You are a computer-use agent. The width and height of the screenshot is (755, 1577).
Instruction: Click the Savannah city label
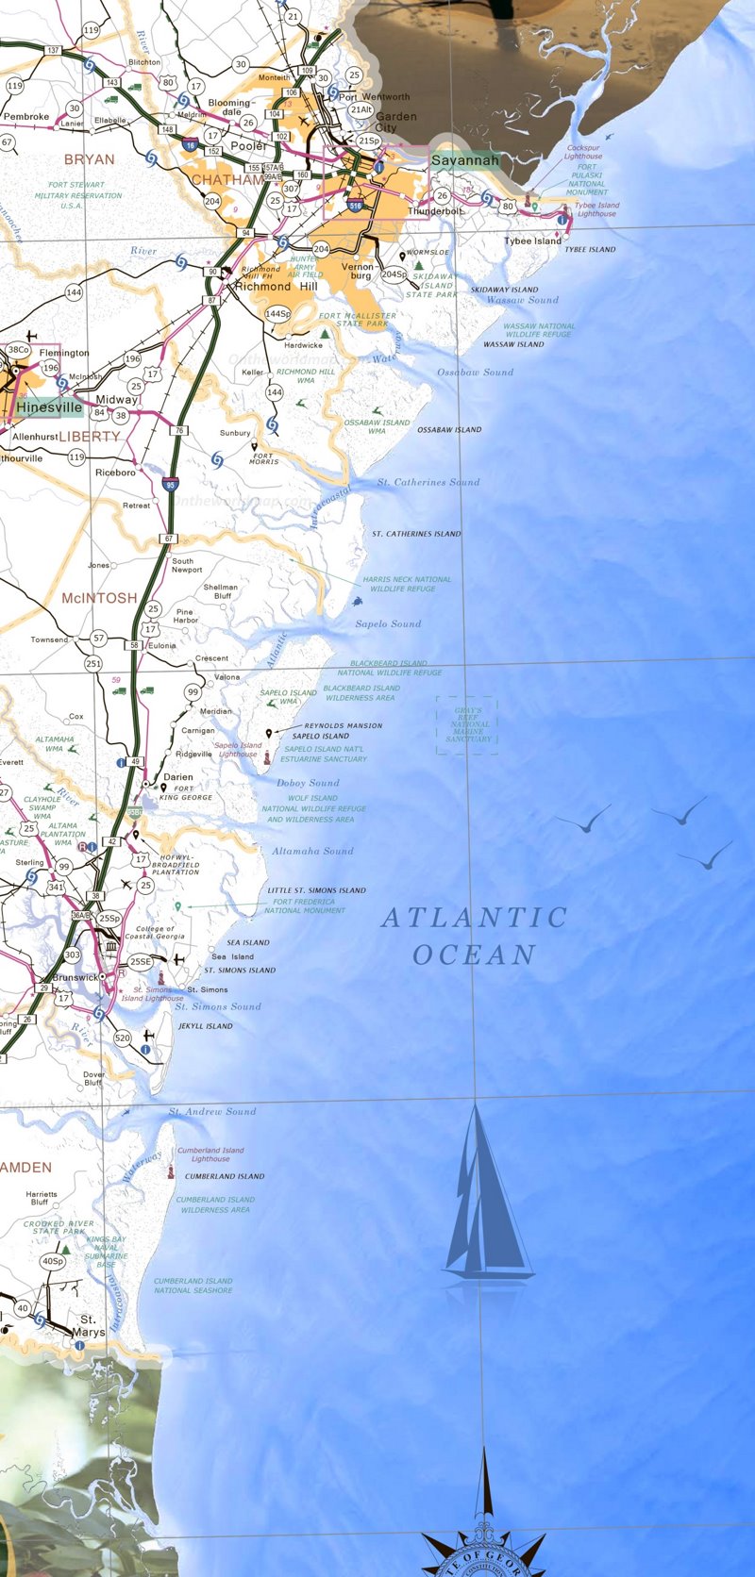(464, 161)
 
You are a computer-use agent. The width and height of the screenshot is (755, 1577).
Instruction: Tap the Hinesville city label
(48, 407)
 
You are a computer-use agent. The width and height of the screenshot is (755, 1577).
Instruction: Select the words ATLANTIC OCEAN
(474, 936)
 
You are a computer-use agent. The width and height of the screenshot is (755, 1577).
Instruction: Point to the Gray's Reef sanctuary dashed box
(467, 725)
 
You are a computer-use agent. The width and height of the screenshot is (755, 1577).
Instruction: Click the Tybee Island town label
(531, 241)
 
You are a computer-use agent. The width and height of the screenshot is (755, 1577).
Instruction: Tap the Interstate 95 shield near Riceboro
(170, 484)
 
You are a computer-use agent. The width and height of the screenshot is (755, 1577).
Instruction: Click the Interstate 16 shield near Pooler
(192, 145)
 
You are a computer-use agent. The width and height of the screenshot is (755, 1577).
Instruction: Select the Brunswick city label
(75, 978)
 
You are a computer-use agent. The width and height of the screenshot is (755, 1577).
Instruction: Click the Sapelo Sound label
(388, 624)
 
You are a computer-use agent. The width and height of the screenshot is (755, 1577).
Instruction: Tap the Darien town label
(178, 778)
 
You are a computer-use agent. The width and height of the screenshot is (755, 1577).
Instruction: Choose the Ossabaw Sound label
(475, 373)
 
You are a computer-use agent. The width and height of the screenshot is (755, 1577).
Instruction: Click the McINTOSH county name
(99, 598)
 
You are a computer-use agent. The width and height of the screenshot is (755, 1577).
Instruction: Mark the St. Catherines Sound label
(428, 483)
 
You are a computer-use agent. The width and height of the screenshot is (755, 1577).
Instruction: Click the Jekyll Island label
(205, 1026)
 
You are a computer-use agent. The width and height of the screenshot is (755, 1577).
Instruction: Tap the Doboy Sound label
(308, 783)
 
